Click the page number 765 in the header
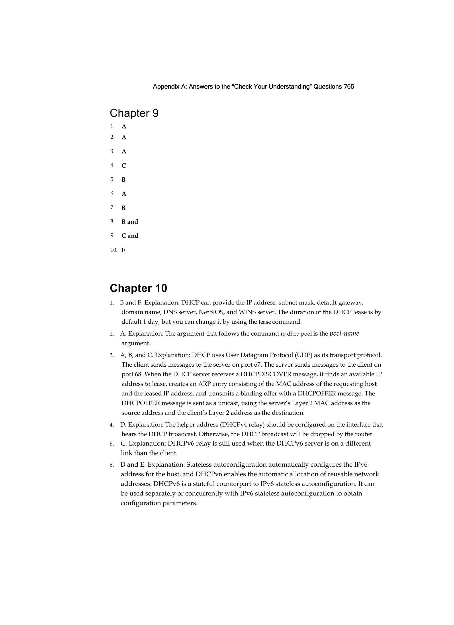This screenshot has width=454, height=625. (349, 87)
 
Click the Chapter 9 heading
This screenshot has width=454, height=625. (134, 113)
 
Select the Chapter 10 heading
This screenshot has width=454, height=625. (138, 288)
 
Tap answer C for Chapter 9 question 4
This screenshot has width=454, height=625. (124, 166)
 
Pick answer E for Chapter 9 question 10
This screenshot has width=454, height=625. (123, 250)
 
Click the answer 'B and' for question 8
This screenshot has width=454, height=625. (130, 222)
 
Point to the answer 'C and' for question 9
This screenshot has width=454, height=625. (130, 236)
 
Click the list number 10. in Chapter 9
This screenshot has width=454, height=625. (113, 250)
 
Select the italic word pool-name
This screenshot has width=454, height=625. (344, 334)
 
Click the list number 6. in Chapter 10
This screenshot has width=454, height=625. (112, 465)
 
